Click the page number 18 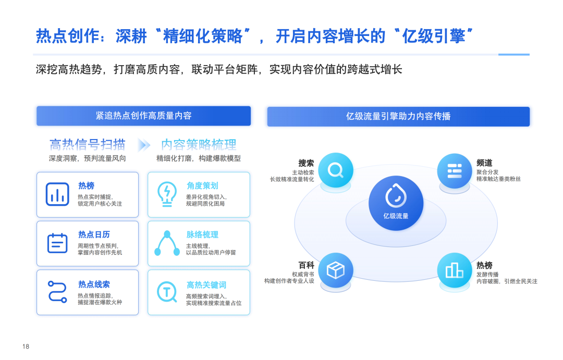26,346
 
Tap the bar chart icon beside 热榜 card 57,194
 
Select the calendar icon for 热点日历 57,243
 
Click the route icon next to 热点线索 57,292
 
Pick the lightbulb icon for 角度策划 167,194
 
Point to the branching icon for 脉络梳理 167,243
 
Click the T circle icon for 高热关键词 167,292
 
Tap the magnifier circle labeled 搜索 335,170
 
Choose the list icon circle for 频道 455,170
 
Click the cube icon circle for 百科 335,270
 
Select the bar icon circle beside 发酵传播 455,270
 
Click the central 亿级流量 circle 396,203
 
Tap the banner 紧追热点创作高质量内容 143,116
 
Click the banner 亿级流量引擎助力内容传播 398,116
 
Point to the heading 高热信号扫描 88,144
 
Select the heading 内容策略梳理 199,144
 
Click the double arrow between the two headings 143,145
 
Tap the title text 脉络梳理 202,235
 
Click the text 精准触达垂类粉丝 498,179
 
